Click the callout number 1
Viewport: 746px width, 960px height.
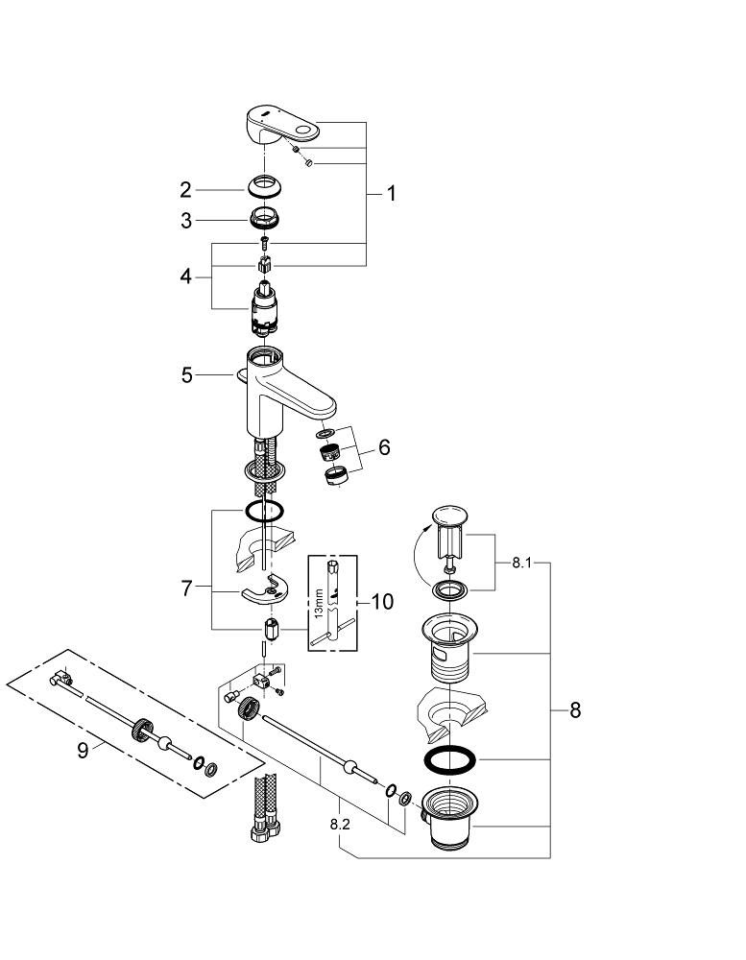point(391,193)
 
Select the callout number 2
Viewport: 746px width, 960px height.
point(185,190)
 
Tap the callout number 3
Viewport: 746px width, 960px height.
point(185,221)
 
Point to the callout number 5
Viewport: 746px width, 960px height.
point(186,375)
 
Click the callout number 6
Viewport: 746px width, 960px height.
point(383,447)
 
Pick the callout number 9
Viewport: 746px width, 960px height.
point(83,749)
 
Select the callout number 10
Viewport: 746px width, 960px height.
point(381,602)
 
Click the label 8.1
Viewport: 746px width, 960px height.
point(520,564)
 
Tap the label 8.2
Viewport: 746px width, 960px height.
point(341,824)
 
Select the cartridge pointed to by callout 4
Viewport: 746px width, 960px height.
point(264,310)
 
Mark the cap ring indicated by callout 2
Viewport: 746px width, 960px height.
point(264,187)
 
